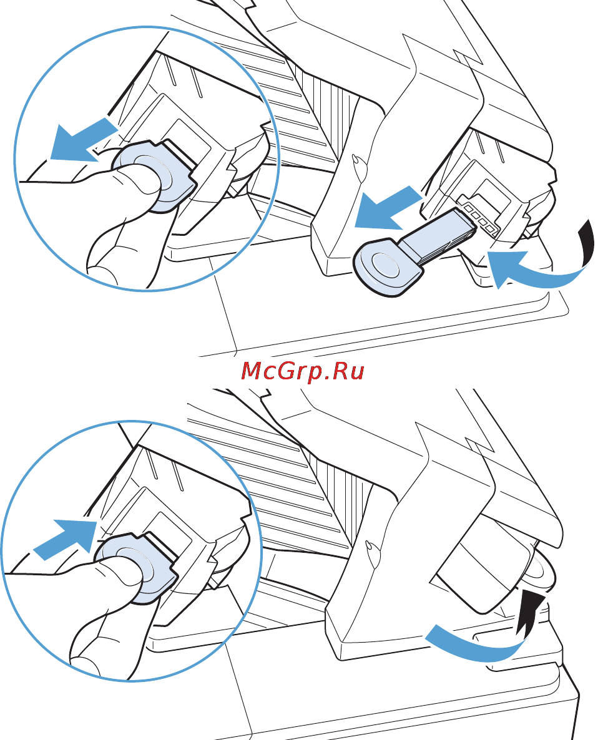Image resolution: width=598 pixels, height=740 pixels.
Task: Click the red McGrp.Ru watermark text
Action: click(303, 371)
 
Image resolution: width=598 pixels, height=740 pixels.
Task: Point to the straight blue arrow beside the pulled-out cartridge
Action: click(389, 208)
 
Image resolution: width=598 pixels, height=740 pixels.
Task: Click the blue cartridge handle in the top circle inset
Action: click(154, 175)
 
